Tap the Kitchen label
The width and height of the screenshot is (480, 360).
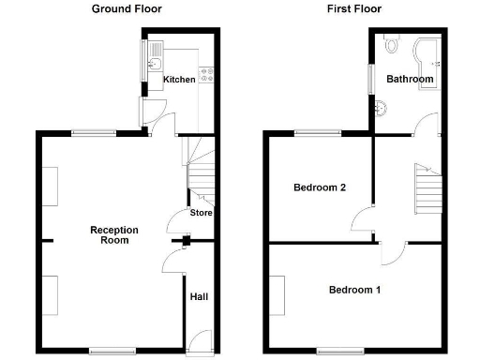(x=179, y=80)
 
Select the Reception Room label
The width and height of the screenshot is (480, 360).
(x=114, y=235)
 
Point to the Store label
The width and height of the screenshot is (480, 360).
(x=202, y=213)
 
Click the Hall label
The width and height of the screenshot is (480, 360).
(x=200, y=297)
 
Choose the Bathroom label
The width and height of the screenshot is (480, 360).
(x=410, y=80)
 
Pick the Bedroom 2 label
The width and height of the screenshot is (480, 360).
(x=320, y=187)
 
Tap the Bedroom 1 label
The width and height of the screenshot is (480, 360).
(x=354, y=290)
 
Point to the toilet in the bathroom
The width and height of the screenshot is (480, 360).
(x=391, y=44)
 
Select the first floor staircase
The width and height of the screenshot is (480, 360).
(x=427, y=187)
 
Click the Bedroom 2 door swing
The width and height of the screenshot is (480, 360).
(x=361, y=223)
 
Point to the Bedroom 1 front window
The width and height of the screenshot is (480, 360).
(x=334, y=352)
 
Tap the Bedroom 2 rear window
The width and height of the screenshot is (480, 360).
(x=313, y=133)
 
